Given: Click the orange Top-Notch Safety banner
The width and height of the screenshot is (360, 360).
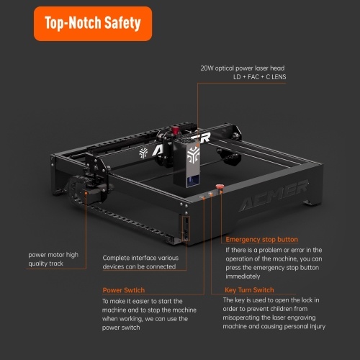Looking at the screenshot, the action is coord(93,24).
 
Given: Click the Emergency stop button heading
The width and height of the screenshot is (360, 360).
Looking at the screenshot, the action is coord(262,240).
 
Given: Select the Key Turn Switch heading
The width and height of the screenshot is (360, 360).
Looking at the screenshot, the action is coord(249,290).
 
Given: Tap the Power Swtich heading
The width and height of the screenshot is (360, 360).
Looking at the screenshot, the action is coord(124,290).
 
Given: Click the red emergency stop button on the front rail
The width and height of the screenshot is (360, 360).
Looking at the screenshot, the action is coord(219,187).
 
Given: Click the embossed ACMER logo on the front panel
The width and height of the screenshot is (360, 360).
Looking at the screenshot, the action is coord(274,195).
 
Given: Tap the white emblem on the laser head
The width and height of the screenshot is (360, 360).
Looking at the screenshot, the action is coord(194,155).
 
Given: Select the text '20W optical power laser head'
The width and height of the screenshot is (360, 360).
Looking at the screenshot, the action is coord(243,68).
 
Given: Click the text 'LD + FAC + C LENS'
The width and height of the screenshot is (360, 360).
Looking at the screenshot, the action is coord(260,77).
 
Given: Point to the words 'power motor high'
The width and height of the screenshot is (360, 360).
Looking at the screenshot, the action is coord(53,255).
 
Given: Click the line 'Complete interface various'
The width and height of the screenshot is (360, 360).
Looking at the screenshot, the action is coord(140,258).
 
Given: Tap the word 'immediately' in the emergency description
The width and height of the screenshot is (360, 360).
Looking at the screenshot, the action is coord(243,276).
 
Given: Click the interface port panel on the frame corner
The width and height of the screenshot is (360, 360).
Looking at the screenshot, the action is coord(186,228).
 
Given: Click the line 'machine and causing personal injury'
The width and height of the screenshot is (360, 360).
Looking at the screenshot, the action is coord(274,326).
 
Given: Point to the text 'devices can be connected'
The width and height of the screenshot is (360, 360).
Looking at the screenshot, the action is coord(139,266).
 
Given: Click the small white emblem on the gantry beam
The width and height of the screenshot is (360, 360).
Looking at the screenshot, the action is coord(143,153).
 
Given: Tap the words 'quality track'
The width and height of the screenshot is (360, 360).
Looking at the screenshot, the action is coord(46,264).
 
